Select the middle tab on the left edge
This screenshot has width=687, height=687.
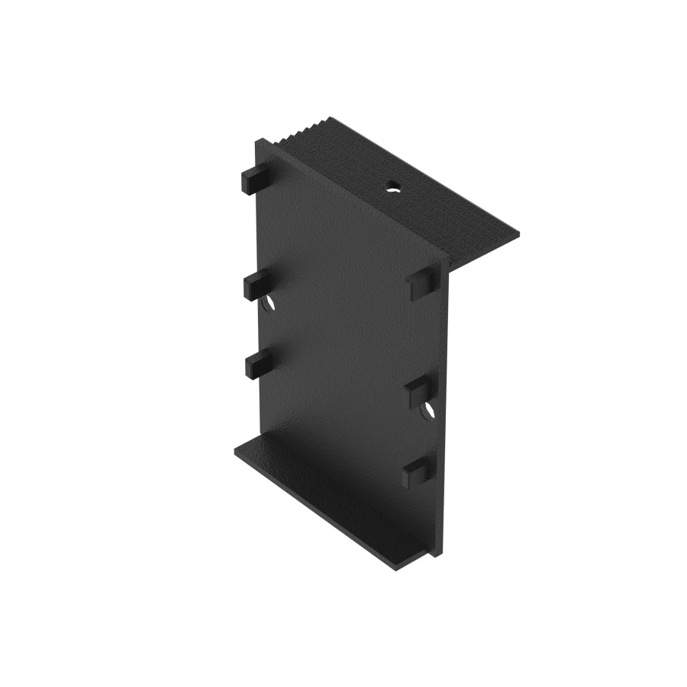[x=256, y=285]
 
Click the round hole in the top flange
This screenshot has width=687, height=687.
[x=392, y=185]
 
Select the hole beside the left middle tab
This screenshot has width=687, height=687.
[x=269, y=305]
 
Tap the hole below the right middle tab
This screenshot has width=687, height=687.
[x=428, y=411]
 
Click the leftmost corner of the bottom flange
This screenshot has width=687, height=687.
[x=235, y=450]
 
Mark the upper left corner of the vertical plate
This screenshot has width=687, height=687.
[x=257, y=142]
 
